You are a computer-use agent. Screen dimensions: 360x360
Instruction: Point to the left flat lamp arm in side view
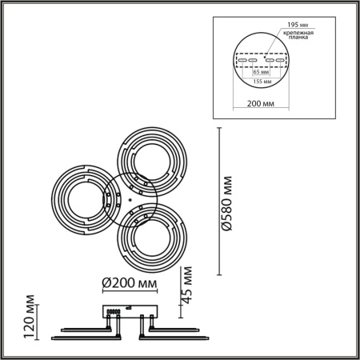(79, 328)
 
